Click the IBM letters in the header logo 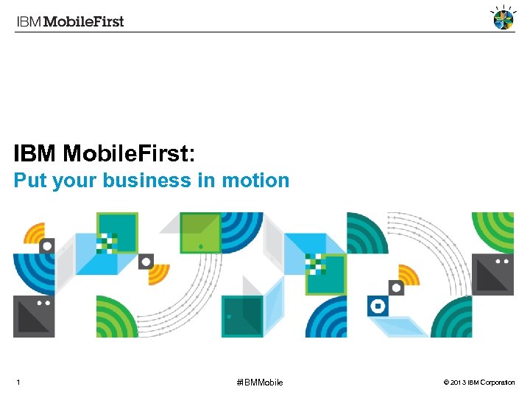(29, 21)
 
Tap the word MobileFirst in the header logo (84, 21)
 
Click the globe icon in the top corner (503, 18)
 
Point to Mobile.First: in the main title (130, 153)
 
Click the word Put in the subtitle (31, 181)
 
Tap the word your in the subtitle (76, 181)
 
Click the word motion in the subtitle (255, 181)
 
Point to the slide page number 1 (18, 382)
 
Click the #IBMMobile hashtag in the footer (259, 382)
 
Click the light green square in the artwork (200, 233)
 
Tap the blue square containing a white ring (378, 306)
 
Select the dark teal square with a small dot (242, 316)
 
